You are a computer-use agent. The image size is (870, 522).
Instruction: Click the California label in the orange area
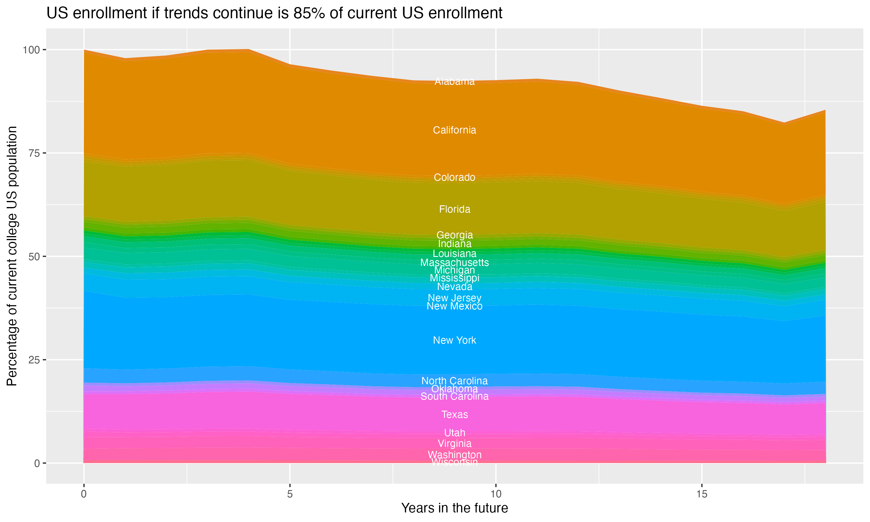454,130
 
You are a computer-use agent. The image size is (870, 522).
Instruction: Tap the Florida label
454,209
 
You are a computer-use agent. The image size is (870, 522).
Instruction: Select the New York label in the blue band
454,340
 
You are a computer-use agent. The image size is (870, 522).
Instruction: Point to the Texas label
454,414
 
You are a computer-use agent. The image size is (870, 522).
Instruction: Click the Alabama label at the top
454,81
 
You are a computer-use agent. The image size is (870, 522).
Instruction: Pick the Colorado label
454,177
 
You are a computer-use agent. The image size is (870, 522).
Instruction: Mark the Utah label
454,433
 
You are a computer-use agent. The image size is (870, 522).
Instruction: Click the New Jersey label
454,298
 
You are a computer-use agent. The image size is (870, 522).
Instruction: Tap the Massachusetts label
454,262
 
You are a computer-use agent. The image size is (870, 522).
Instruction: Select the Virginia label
454,444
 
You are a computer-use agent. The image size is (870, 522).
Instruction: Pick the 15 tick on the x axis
702,494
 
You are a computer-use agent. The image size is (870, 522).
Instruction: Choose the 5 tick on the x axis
290,494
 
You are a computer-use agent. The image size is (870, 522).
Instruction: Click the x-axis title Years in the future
454,508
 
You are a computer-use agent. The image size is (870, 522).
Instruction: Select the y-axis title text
12,256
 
